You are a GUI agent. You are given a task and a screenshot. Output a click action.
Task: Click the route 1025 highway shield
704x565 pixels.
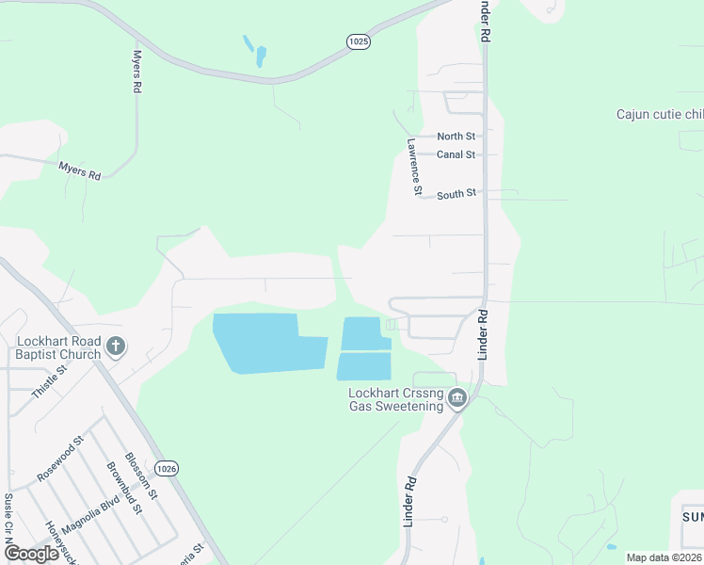click(x=358, y=41)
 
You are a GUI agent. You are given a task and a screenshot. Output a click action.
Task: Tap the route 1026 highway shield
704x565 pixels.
click(x=166, y=468)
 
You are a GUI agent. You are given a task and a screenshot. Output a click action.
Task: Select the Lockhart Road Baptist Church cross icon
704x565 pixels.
click(x=116, y=347)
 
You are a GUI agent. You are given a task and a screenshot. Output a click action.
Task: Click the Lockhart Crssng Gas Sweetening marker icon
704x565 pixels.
click(x=457, y=398)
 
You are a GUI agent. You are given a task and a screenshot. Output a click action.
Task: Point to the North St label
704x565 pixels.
click(x=456, y=137)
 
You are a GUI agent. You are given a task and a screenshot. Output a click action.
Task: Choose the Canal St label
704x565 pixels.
click(x=456, y=154)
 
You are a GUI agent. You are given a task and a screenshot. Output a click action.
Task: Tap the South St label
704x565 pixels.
click(x=456, y=194)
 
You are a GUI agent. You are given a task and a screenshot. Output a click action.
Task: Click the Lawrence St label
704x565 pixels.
click(x=413, y=167)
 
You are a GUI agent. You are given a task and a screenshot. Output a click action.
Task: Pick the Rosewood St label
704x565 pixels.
click(x=61, y=459)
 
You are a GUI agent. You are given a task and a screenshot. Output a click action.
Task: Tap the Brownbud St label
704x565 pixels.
click(x=123, y=488)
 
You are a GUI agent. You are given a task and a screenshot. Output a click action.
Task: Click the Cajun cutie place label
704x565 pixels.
click(x=659, y=115)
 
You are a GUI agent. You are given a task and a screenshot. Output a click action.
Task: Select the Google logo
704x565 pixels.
click(x=31, y=554)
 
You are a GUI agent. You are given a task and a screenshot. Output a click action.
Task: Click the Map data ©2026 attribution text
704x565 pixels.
click(x=663, y=557)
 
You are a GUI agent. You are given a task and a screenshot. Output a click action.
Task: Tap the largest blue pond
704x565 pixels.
click(x=256, y=343)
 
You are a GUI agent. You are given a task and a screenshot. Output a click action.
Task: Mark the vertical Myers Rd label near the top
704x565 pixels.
click(x=136, y=72)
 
